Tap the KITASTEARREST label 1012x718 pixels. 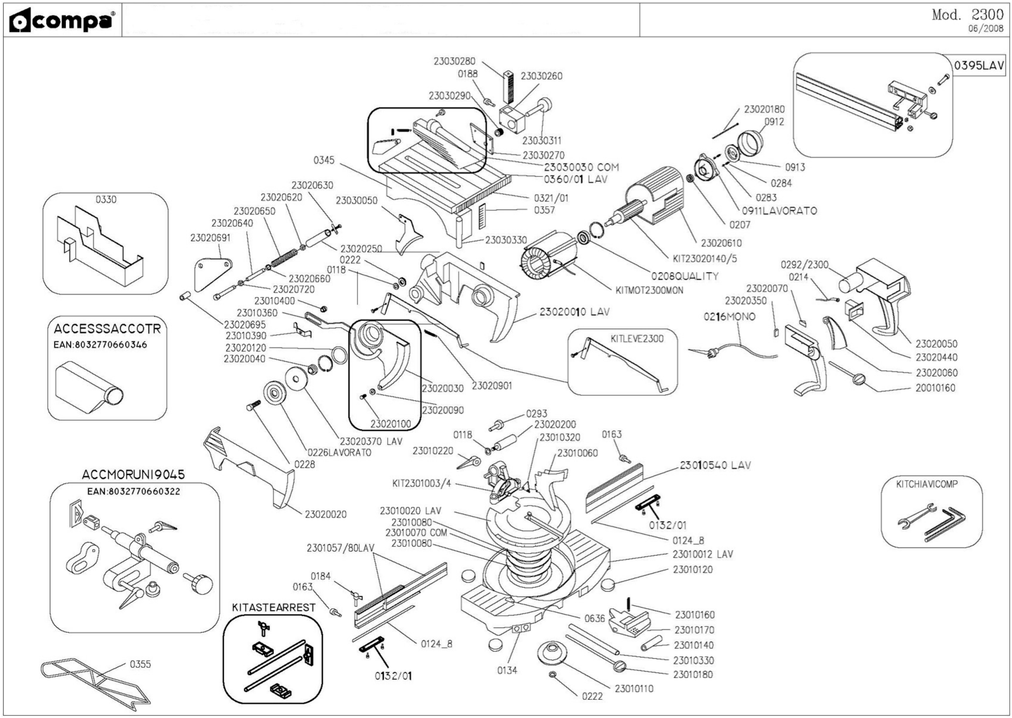273,607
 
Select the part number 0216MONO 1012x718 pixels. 729,317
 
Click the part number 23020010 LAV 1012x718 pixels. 574,312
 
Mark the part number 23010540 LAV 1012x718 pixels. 715,465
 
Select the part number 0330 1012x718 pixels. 106,199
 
